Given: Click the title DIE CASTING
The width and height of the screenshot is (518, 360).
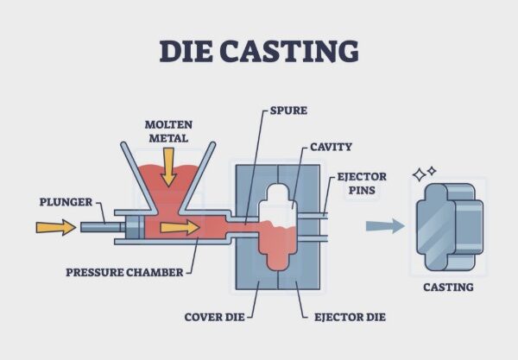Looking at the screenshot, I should [x=258, y=51].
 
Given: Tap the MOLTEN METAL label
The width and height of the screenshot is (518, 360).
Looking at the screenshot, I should [x=169, y=130].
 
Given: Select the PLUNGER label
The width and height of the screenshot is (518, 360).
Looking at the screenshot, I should [x=66, y=203].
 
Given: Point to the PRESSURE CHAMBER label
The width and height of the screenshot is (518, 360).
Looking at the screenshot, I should [x=124, y=273].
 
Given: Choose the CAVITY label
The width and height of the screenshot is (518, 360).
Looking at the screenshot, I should [x=331, y=147].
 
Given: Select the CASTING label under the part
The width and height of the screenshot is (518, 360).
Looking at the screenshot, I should [x=447, y=287].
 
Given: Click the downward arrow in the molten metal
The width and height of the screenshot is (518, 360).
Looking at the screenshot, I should [x=168, y=167].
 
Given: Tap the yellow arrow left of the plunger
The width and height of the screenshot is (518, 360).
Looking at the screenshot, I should [x=54, y=227].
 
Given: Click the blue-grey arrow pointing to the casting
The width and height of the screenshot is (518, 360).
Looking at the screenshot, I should [x=384, y=226].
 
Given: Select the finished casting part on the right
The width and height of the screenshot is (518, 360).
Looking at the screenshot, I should [x=448, y=226].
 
